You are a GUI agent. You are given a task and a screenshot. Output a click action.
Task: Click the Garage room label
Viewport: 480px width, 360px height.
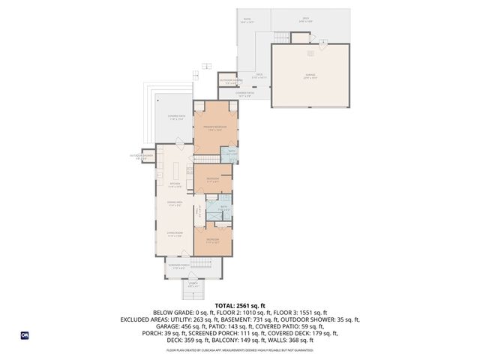click(x=310, y=75)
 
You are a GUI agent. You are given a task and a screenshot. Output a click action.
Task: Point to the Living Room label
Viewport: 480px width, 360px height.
click(x=175, y=235)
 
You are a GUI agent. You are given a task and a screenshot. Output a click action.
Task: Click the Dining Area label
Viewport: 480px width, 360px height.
click(x=175, y=204)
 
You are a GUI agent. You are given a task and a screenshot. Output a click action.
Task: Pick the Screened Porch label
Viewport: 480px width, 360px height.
click(x=178, y=265)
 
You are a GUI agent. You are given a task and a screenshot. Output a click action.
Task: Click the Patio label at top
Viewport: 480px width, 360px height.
click(x=247, y=21)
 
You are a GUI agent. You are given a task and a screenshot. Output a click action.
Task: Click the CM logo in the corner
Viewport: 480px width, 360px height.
click(x=24, y=335)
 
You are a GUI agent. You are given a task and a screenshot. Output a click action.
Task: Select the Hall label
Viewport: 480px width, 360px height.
click(x=199, y=213)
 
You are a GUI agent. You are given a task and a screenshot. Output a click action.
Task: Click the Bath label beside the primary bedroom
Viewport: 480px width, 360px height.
click(x=232, y=153)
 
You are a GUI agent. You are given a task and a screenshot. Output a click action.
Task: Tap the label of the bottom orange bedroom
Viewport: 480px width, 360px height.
click(x=213, y=240)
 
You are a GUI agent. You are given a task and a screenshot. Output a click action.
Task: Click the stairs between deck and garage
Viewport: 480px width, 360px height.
click(x=282, y=37)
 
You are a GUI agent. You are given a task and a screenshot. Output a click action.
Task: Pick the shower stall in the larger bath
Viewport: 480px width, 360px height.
click(x=216, y=214)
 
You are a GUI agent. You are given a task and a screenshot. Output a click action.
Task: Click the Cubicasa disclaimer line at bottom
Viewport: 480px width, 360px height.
click(x=240, y=349)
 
